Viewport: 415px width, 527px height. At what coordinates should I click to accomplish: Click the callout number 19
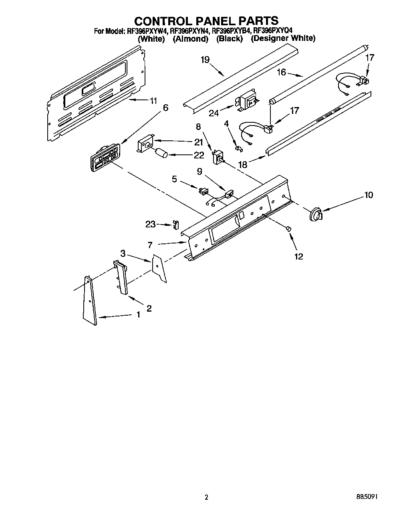pyautogui.click(x=205, y=60)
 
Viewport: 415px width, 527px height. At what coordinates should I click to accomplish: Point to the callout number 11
pyautogui.click(x=153, y=101)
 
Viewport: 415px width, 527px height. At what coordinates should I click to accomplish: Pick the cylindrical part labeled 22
pyautogui.click(x=162, y=154)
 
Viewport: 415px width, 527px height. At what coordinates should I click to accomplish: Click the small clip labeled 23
pyautogui.click(x=175, y=225)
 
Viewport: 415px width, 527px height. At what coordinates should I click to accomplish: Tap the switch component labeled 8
pyautogui.click(x=218, y=156)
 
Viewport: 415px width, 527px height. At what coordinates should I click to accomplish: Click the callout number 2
pyautogui.click(x=149, y=308)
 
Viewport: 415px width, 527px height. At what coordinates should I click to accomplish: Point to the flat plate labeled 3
pyautogui.click(x=159, y=268)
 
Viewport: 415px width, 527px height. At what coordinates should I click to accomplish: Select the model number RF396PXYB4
pyautogui.click(x=231, y=30)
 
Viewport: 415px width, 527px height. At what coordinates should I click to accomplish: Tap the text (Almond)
pyautogui.click(x=190, y=39)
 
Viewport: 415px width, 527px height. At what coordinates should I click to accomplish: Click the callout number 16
pyautogui.click(x=281, y=72)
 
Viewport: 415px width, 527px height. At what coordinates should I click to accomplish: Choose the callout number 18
pyautogui.click(x=242, y=164)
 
